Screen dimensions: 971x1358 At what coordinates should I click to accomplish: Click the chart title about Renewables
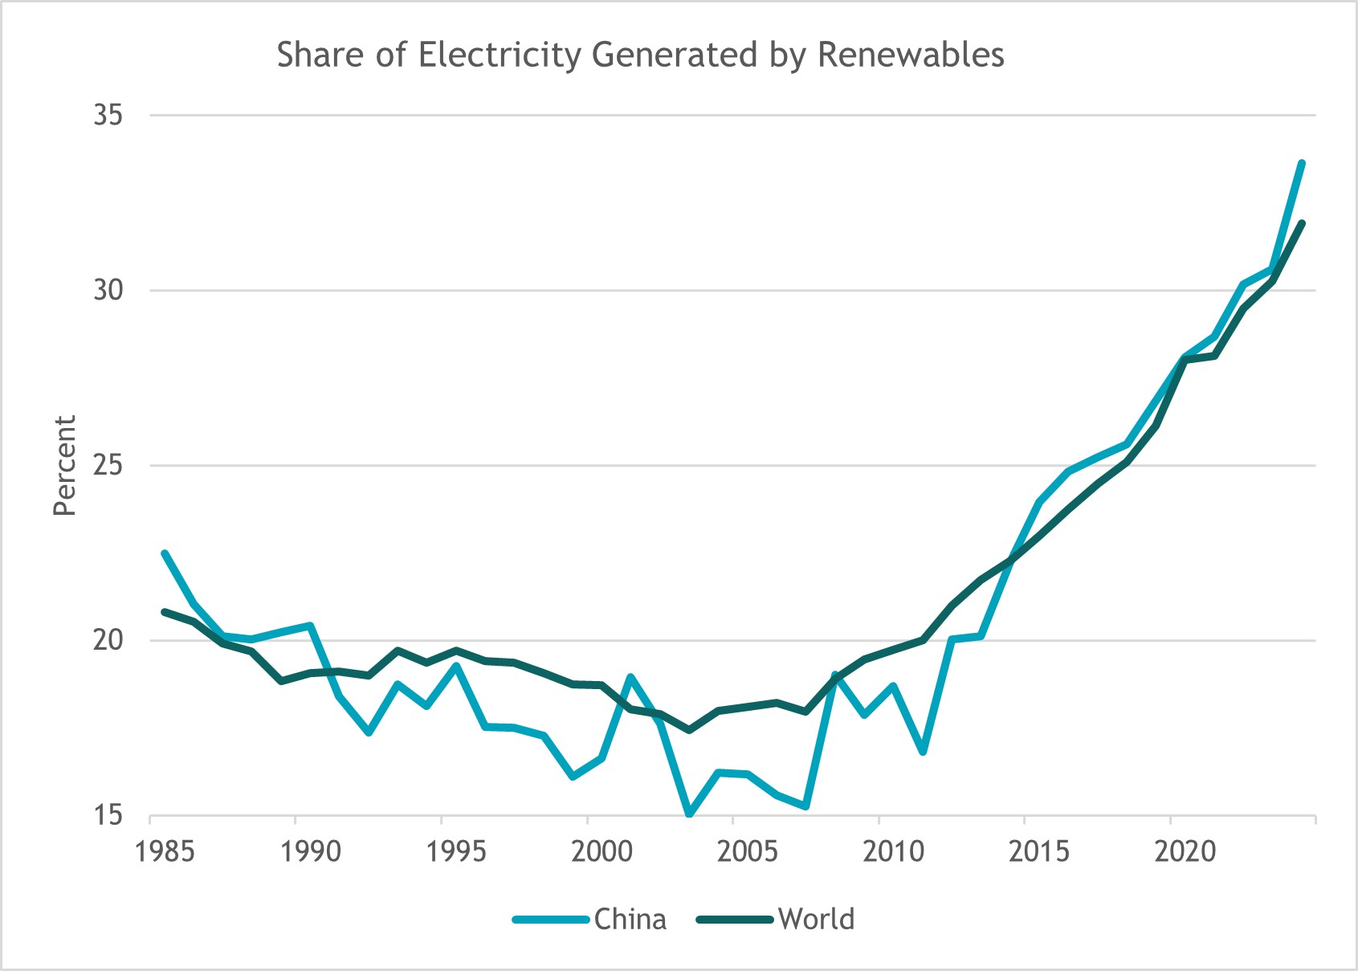coord(640,55)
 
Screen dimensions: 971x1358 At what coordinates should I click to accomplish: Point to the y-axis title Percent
coord(64,465)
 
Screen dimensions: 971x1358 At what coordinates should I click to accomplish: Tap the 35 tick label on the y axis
coord(108,116)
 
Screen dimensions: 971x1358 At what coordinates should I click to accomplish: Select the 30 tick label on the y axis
coord(108,291)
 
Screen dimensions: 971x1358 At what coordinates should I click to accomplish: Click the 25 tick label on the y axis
coord(108,466)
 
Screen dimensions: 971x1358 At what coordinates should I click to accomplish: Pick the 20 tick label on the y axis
coord(108,641)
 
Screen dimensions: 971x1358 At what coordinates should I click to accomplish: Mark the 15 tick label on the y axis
coord(108,816)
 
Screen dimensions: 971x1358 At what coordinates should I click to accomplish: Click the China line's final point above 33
coord(1302,163)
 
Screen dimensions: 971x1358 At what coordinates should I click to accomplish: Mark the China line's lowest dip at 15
coord(689,814)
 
